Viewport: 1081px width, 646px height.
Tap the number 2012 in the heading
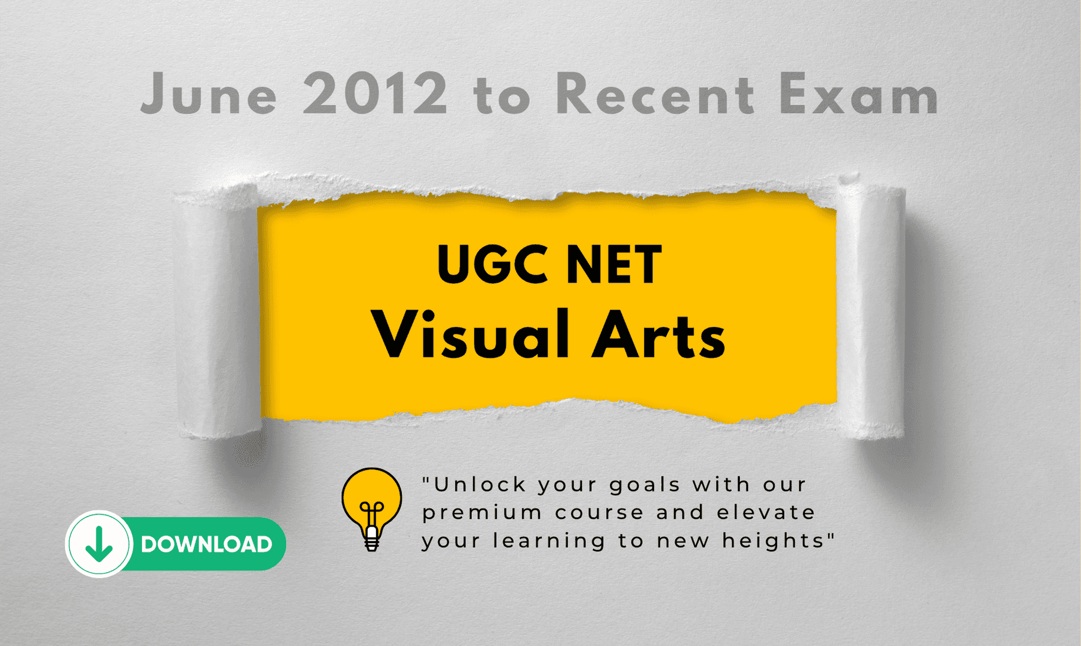tap(376, 93)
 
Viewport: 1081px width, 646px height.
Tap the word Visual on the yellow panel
tap(470, 334)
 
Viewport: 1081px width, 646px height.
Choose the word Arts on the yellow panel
tap(659, 335)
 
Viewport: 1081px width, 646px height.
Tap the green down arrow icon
tap(99, 544)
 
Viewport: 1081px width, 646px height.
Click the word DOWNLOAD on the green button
tap(206, 544)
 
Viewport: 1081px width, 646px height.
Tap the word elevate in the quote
tap(766, 512)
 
